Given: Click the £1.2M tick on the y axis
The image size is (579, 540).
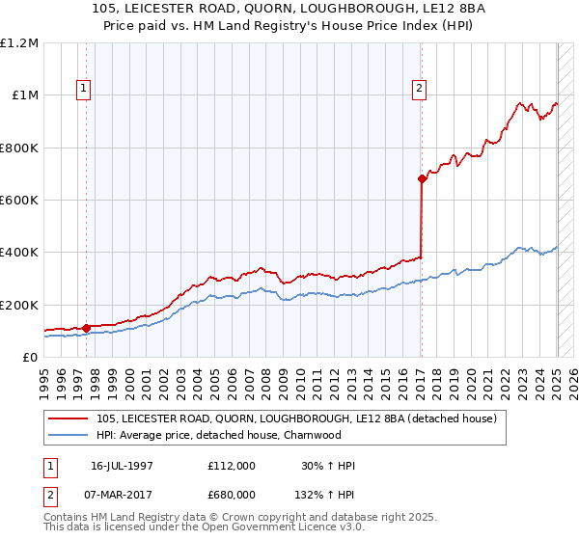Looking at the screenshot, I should (18, 43).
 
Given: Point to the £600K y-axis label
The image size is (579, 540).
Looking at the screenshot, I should (18, 201).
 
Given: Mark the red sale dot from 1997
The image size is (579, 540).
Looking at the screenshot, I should (86, 328).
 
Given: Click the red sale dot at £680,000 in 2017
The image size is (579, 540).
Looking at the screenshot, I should (422, 178).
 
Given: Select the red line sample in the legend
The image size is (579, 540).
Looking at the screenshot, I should (69, 418).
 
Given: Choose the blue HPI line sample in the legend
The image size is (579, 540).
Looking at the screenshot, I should (69, 435).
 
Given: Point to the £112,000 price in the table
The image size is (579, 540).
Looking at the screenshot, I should (232, 466).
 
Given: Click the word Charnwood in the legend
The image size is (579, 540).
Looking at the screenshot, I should (315, 435).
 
